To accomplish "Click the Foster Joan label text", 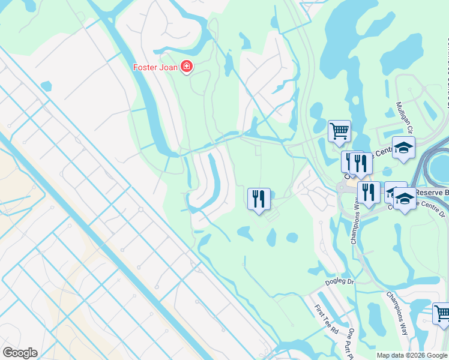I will pyautogui.click(x=155, y=67).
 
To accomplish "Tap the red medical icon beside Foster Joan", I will pyautogui.click(x=186, y=67).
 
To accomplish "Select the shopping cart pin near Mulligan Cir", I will pyautogui.click(x=339, y=130).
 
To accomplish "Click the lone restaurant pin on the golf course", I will pyautogui.click(x=259, y=198).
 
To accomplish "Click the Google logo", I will pyautogui.click(x=20, y=353).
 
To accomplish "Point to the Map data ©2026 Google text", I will pyautogui.click(x=412, y=355).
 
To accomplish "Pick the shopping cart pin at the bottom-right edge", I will pyautogui.click(x=442, y=313).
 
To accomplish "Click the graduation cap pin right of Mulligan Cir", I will pyautogui.click(x=403, y=147).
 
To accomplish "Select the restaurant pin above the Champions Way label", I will pyautogui.click(x=368, y=192).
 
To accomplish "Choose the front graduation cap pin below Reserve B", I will pyautogui.click(x=404, y=199).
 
